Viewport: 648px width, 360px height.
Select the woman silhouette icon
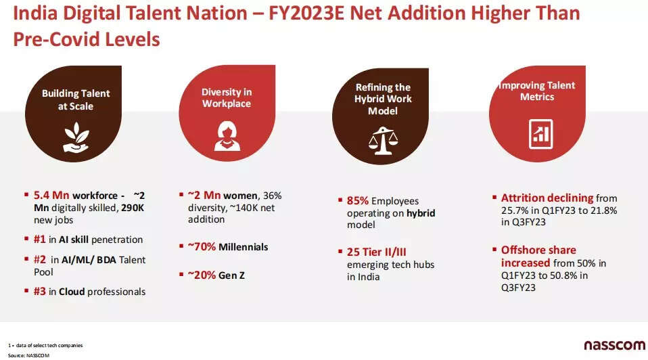point(227,135)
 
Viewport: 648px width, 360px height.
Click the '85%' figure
point(357,201)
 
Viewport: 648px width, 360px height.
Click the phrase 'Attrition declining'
point(547,198)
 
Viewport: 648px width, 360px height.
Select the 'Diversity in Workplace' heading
point(226,98)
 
